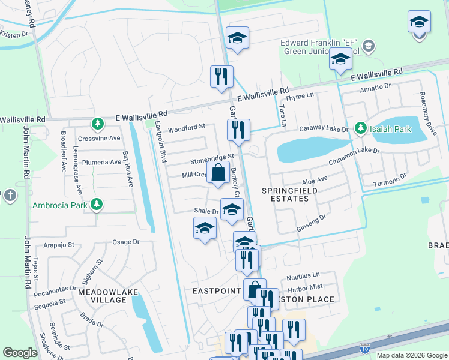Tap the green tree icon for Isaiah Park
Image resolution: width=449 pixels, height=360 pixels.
(x=360, y=128)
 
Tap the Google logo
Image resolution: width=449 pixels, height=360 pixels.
(x=20, y=353)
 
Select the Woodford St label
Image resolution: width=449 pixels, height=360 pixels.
(x=187, y=127)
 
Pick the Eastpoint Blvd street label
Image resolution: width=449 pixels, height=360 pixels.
(x=160, y=142)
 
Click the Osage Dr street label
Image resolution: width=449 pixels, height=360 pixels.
(x=126, y=242)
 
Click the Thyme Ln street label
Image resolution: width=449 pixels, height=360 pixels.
(x=300, y=97)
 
